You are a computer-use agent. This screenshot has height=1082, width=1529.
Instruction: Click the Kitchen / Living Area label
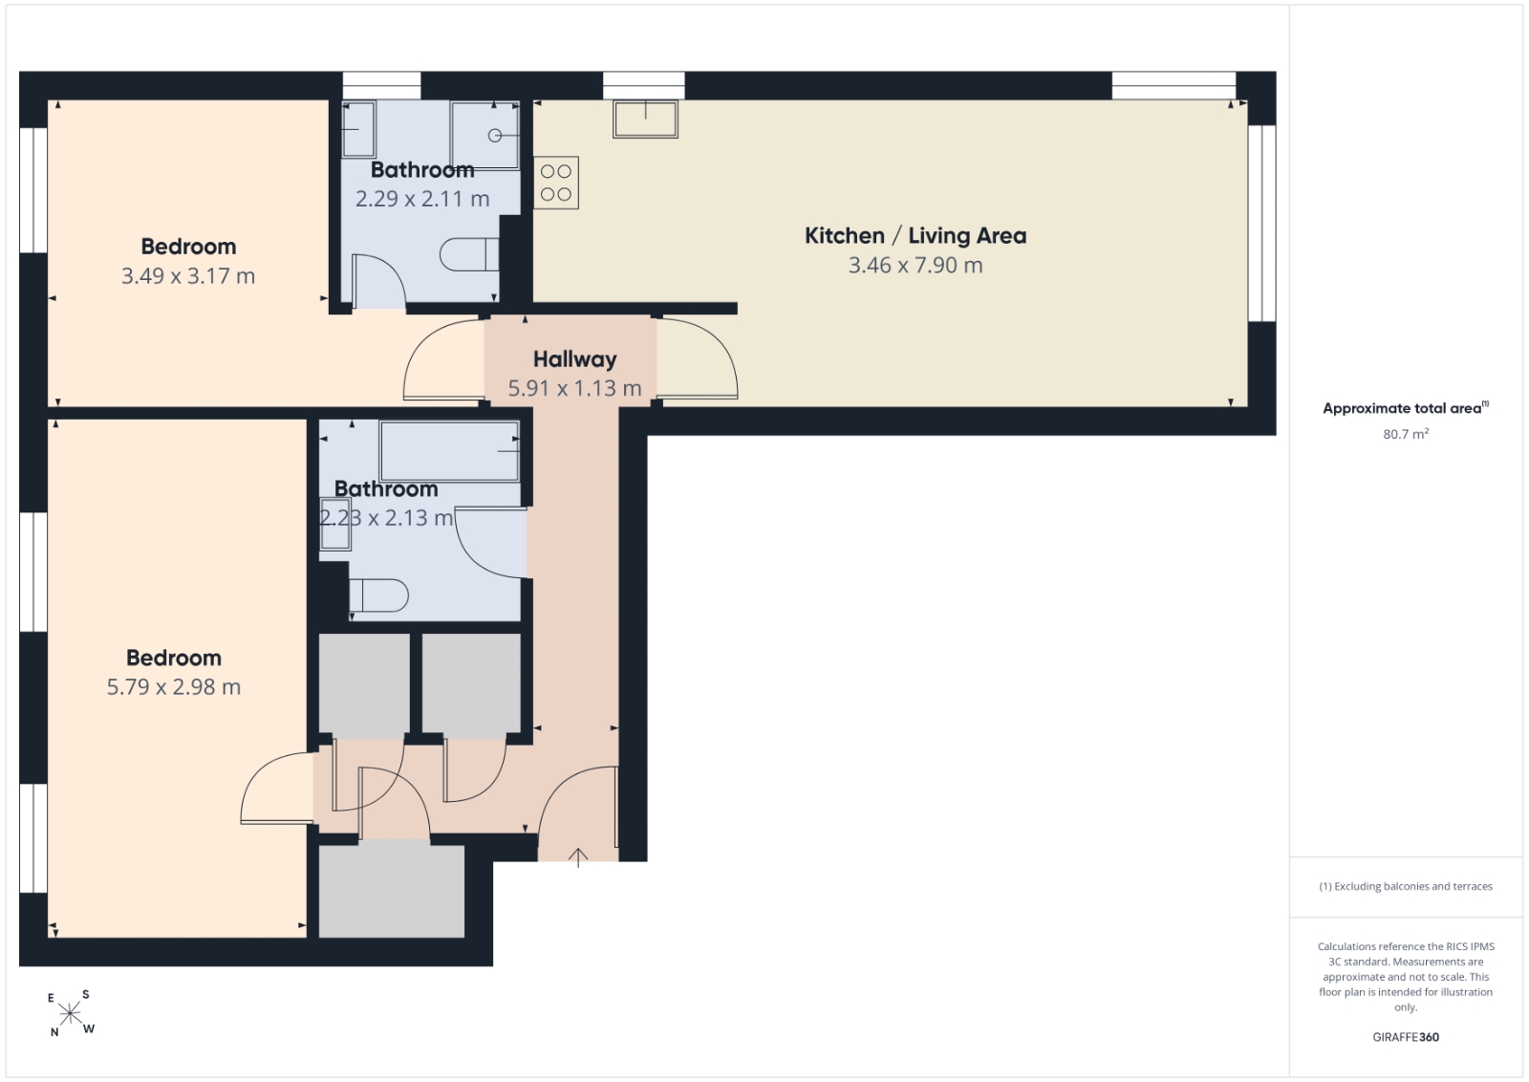(x=915, y=235)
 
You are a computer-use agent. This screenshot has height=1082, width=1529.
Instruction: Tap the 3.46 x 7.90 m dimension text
(x=915, y=265)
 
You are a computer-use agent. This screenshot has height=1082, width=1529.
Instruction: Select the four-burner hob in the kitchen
(x=555, y=183)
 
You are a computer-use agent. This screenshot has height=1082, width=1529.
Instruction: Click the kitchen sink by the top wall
(x=645, y=119)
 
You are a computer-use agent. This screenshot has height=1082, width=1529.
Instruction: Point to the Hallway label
(x=574, y=359)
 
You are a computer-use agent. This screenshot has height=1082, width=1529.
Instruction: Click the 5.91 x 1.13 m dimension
(x=574, y=388)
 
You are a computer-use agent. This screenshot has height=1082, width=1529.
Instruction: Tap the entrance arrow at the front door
(x=578, y=857)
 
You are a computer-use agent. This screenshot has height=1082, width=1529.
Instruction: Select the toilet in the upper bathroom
(x=469, y=254)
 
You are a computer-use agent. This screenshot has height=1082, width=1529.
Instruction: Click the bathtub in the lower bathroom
(x=449, y=451)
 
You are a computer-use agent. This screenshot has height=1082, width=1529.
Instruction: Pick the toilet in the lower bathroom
(x=378, y=595)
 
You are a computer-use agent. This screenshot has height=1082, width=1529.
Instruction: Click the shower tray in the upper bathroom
(x=485, y=135)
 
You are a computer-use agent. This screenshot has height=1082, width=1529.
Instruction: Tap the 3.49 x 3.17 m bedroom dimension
(x=188, y=276)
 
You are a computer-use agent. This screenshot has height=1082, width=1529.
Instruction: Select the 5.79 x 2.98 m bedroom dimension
(x=174, y=686)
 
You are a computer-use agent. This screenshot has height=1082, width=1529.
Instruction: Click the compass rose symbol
(x=71, y=1014)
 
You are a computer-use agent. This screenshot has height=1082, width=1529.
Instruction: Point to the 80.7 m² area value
(x=1406, y=434)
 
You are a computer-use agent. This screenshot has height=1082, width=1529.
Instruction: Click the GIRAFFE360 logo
(x=1406, y=1037)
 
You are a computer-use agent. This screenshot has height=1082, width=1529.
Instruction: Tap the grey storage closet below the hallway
(x=392, y=892)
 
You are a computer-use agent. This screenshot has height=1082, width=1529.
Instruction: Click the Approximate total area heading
(x=1406, y=408)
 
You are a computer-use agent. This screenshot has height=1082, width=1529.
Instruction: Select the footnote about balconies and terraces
(x=1406, y=886)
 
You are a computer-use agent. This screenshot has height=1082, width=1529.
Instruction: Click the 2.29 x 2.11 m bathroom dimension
(x=422, y=199)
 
